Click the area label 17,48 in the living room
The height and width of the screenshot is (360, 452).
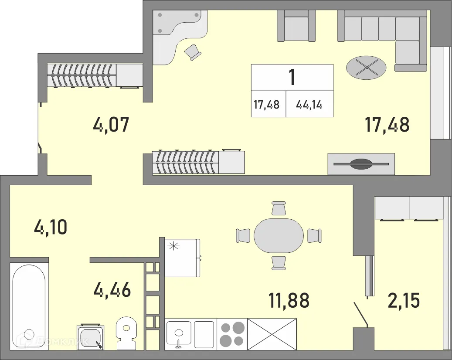tap(387, 125)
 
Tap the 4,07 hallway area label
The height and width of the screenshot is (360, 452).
tap(111, 126)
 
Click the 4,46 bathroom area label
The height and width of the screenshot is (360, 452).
tap(112, 289)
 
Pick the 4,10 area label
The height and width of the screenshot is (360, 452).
tap(51, 227)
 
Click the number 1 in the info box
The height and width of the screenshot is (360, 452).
tap(292, 78)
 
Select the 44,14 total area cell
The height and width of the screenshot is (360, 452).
tap(309, 105)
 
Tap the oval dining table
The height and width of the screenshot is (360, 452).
tap(279, 235)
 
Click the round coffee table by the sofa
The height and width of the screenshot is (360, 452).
tap(366, 68)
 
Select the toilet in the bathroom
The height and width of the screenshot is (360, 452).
tap(126, 334)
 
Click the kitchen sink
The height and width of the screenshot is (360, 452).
tap(179, 334)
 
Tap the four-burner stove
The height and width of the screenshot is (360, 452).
tap(232, 334)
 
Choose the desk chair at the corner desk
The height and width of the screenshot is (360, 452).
tap(193, 52)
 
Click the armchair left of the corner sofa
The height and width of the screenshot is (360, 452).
tap(296, 27)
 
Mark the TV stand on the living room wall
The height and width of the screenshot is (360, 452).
tap(361, 164)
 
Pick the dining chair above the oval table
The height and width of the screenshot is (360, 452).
tap(279, 209)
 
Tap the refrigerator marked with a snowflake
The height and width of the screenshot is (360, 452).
tap(182, 258)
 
